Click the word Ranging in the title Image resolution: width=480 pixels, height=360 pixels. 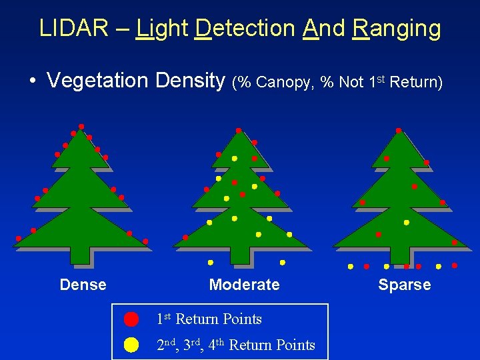(397, 29)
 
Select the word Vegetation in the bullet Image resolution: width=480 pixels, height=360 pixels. (98, 81)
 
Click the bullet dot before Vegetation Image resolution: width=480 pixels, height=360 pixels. (32, 81)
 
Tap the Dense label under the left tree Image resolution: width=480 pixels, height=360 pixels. (83, 285)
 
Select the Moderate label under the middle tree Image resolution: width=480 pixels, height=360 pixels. (244, 285)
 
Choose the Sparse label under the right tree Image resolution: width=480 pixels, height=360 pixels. (404, 285)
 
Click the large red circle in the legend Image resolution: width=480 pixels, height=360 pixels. (131, 319)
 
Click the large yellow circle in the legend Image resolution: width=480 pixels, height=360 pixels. (131, 345)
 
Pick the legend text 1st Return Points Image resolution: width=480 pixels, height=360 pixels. (209, 319)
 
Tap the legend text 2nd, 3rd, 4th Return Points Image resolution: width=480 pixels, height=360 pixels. (235, 345)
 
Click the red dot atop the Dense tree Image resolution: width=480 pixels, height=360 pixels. (81, 126)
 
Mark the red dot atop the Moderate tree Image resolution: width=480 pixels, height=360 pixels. (239, 130)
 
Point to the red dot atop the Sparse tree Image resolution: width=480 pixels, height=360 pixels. (398, 130)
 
